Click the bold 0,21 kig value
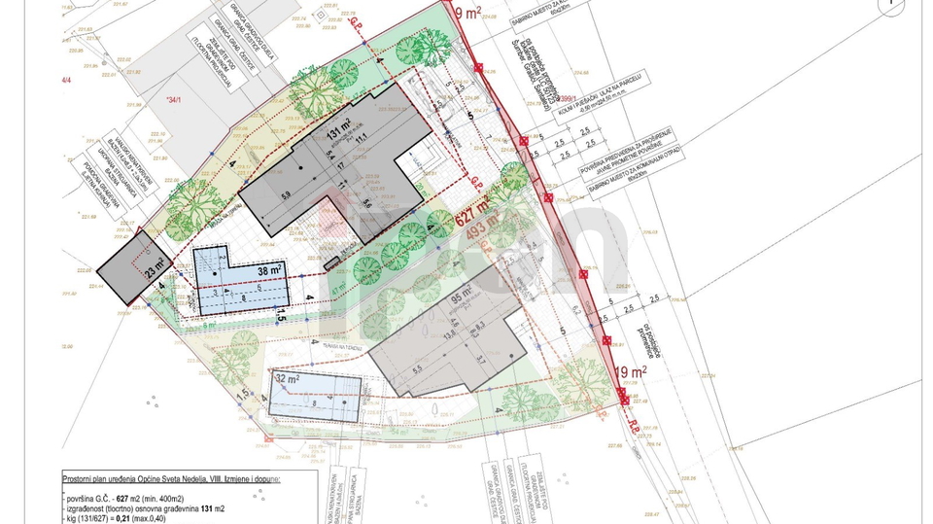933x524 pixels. (x=148, y=518)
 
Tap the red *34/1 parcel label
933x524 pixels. (x=175, y=99)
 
